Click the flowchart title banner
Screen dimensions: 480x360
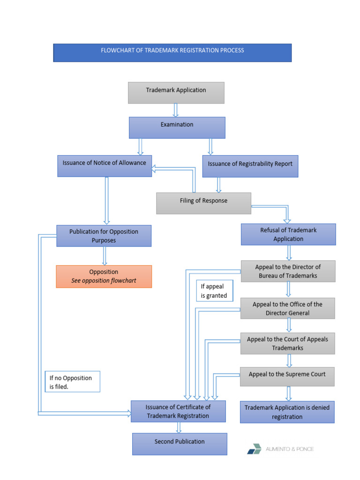pyautogui.click(x=172, y=52)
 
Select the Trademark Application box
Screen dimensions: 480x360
pyautogui.click(x=176, y=92)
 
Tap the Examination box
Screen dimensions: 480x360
pyautogui.click(x=177, y=127)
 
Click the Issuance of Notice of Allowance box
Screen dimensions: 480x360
pyautogui.click(x=105, y=165)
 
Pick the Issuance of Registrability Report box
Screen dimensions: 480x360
pyautogui.click(x=250, y=166)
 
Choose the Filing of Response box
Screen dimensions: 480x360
pyautogui.click(x=203, y=203)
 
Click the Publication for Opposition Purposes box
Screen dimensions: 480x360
pyautogui.click(x=104, y=235)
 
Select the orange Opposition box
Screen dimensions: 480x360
pyautogui.click(x=104, y=276)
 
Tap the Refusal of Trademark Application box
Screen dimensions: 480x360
pyautogui.click(x=288, y=234)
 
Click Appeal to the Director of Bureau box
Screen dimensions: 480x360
pyautogui.click(x=288, y=271)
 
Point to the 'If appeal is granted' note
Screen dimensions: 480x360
pyautogui.click(x=214, y=291)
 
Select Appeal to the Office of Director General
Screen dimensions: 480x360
pyautogui.click(x=287, y=308)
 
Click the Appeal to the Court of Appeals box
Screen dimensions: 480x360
pyautogui.click(x=287, y=344)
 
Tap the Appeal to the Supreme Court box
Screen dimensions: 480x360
pyautogui.click(x=287, y=376)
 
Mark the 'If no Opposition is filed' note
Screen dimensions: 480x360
pyautogui.click(x=73, y=382)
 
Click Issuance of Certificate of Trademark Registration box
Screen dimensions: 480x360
pyautogui.click(x=178, y=411)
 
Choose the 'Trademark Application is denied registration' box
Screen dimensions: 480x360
pyautogui.click(x=287, y=412)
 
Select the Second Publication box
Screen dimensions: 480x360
pyautogui.click(x=180, y=443)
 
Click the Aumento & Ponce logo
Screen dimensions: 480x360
pyautogui.click(x=280, y=449)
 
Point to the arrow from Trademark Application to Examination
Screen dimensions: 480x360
pyautogui.click(x=176, y=110)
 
